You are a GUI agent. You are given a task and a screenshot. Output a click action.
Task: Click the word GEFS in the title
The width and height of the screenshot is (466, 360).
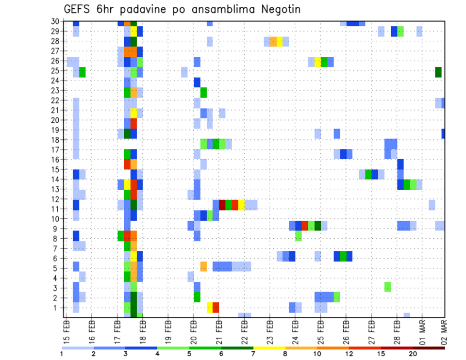click(x=78, y=9)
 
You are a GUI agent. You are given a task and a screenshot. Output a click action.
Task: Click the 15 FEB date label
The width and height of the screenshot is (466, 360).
click(x=67, y=330)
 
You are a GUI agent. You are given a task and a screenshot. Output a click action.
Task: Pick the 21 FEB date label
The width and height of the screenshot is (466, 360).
click(x=219, y=330)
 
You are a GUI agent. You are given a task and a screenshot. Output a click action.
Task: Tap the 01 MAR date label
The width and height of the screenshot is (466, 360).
click(x=422, y=330)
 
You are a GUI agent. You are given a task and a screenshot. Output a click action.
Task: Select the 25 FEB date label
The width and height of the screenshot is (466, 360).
click(x=320, y=330)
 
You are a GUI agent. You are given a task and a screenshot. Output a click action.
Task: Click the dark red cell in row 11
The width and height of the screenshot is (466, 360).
click(x=222, y=205)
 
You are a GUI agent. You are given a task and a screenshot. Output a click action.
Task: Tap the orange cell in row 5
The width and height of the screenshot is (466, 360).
click(x=203, y=266)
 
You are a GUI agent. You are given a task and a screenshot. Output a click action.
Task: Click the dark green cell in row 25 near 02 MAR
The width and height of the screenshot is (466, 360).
click(x=438, y=72)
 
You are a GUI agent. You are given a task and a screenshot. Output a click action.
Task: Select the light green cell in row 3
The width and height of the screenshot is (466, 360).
click(x=387, y=286)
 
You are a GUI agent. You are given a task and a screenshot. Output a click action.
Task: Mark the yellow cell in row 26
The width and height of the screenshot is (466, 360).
click(x=317, y=62)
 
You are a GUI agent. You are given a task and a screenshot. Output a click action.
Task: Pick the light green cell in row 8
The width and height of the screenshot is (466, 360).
click(x=298, y=236)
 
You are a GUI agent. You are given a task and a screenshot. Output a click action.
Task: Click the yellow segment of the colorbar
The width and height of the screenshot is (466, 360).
click(x=269, y=347)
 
